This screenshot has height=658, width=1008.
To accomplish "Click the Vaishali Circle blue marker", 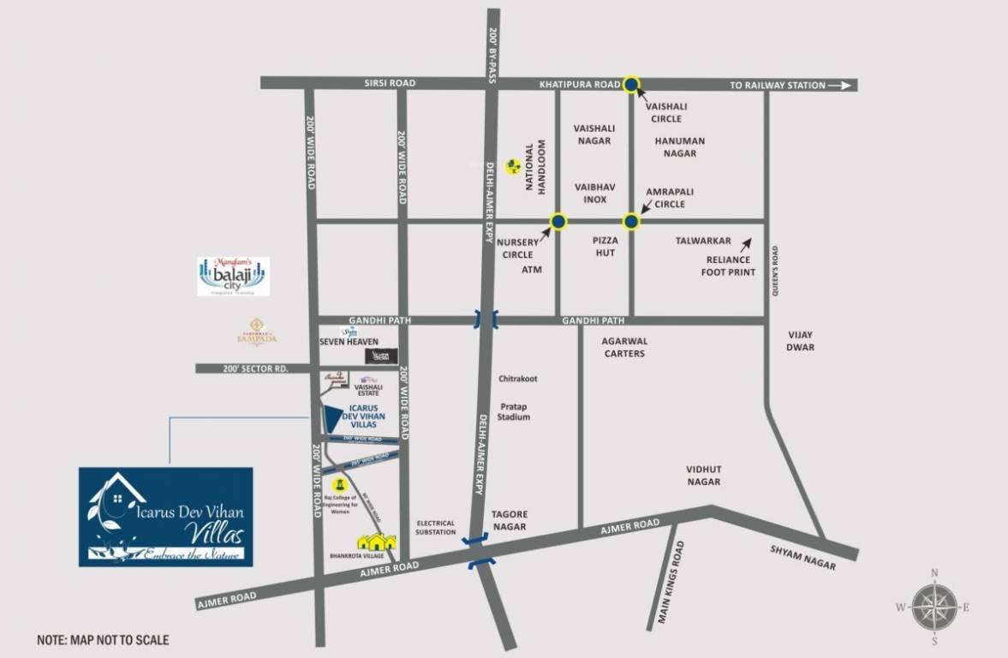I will click(631, 84).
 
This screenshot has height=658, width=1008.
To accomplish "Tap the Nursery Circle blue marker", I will click(558, 222).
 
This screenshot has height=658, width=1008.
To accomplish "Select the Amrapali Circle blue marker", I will click(631, 222).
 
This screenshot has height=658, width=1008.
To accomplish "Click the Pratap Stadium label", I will click(516, 410).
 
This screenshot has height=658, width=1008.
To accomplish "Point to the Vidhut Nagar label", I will click(703, 476).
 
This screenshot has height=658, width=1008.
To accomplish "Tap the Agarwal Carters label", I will click(623, 346).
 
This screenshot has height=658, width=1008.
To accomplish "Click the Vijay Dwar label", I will click(801, 340).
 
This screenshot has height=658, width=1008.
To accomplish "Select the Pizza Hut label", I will click(605, 247).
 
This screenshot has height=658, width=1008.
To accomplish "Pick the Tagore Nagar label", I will click(509, 520).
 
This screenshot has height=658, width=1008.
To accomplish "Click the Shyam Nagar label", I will click(802, 560).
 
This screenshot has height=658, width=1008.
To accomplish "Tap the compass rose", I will click(933, 607).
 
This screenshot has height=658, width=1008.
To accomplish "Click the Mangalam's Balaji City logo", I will click(233, 276).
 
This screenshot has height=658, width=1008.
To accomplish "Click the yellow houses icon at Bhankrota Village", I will click(377, 542).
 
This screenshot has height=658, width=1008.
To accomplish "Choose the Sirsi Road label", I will click(391, 83).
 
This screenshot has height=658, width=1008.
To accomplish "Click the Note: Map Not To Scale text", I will click(103, 639).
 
